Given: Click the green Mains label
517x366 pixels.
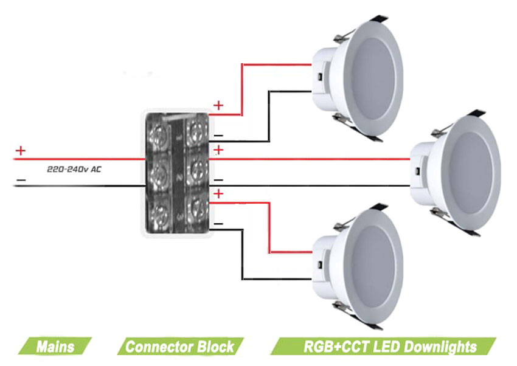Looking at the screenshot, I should (x=55, y=347).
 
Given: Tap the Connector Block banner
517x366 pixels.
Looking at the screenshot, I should (x=179, y=347).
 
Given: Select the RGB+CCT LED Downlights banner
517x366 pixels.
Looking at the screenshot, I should (x=389, y=347).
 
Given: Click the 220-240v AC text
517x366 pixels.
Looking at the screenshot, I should (x=74, y=170).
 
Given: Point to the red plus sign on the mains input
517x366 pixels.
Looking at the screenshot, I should (x=21, y=150).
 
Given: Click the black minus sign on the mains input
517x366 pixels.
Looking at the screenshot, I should (x=21, y=180).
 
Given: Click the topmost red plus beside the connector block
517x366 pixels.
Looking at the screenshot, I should (x=218, y=106).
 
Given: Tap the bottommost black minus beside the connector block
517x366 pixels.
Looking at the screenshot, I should (x=218, y=224).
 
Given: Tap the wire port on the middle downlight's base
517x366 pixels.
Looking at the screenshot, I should (x=418, y=173).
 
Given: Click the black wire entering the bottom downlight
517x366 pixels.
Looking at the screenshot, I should (x=280, y=280).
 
